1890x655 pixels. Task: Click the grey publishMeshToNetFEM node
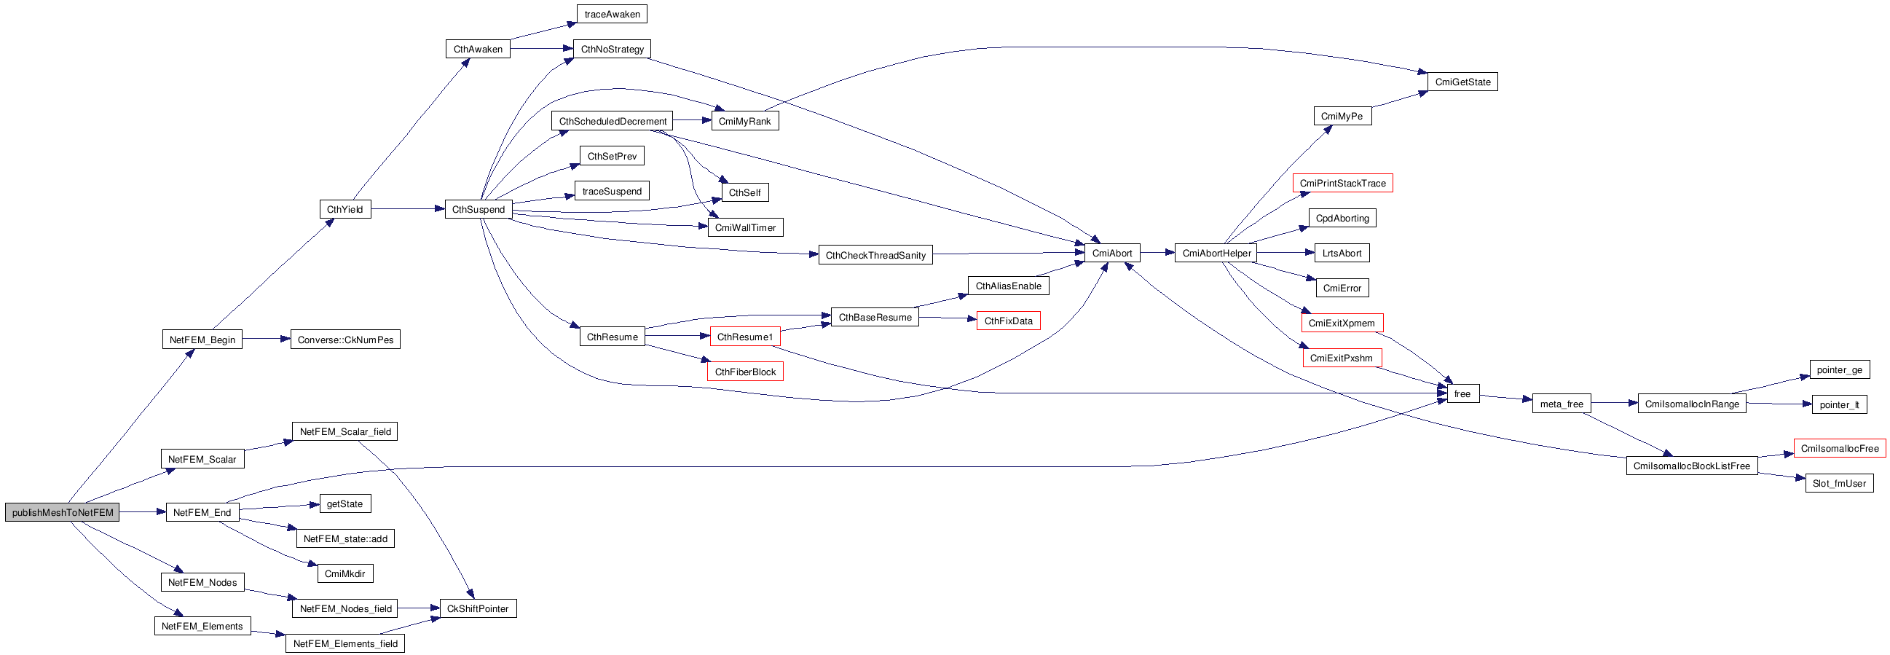point(63,512)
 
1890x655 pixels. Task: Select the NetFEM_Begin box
point(202,340)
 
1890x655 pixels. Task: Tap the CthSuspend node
point(479,209)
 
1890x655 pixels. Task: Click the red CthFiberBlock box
point(744,372)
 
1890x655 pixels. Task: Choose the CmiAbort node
point(1111,254)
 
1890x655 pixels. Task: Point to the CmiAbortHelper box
point(1216,254)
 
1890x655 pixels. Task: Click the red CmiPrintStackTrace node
point(1342,183)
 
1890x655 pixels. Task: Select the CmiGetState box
point(1462,82)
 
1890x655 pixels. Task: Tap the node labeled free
point(1462,393)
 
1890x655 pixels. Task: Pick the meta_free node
point(1562,404)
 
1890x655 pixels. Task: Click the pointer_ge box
point(1838,369)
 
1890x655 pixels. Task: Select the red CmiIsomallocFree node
point(1839,448)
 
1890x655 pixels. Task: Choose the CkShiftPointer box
point(478,608)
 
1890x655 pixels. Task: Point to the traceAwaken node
point(612,14)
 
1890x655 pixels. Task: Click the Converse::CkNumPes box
point(344,340)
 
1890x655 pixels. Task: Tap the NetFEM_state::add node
point(344,538)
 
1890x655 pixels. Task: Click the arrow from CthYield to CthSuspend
point(408,209)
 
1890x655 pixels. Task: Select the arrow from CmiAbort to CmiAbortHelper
point(1157,253)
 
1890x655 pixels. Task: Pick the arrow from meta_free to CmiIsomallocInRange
point(1614,403)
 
